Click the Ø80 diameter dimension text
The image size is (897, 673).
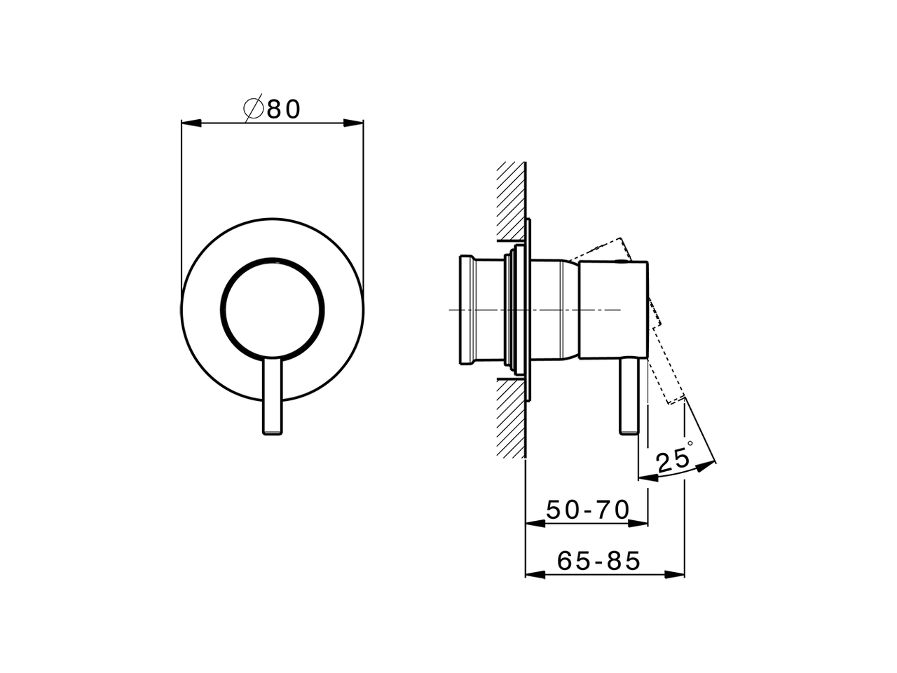pos(273,109)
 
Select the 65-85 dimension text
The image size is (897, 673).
pos(599,561)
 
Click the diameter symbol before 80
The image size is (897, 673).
pos(253,109)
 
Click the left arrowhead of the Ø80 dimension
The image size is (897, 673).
pos(188,123)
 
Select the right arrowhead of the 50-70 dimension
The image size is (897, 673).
pos(641,523)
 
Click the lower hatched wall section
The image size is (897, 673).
pos(511,417)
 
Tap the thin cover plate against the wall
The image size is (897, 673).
pos(528,309)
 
